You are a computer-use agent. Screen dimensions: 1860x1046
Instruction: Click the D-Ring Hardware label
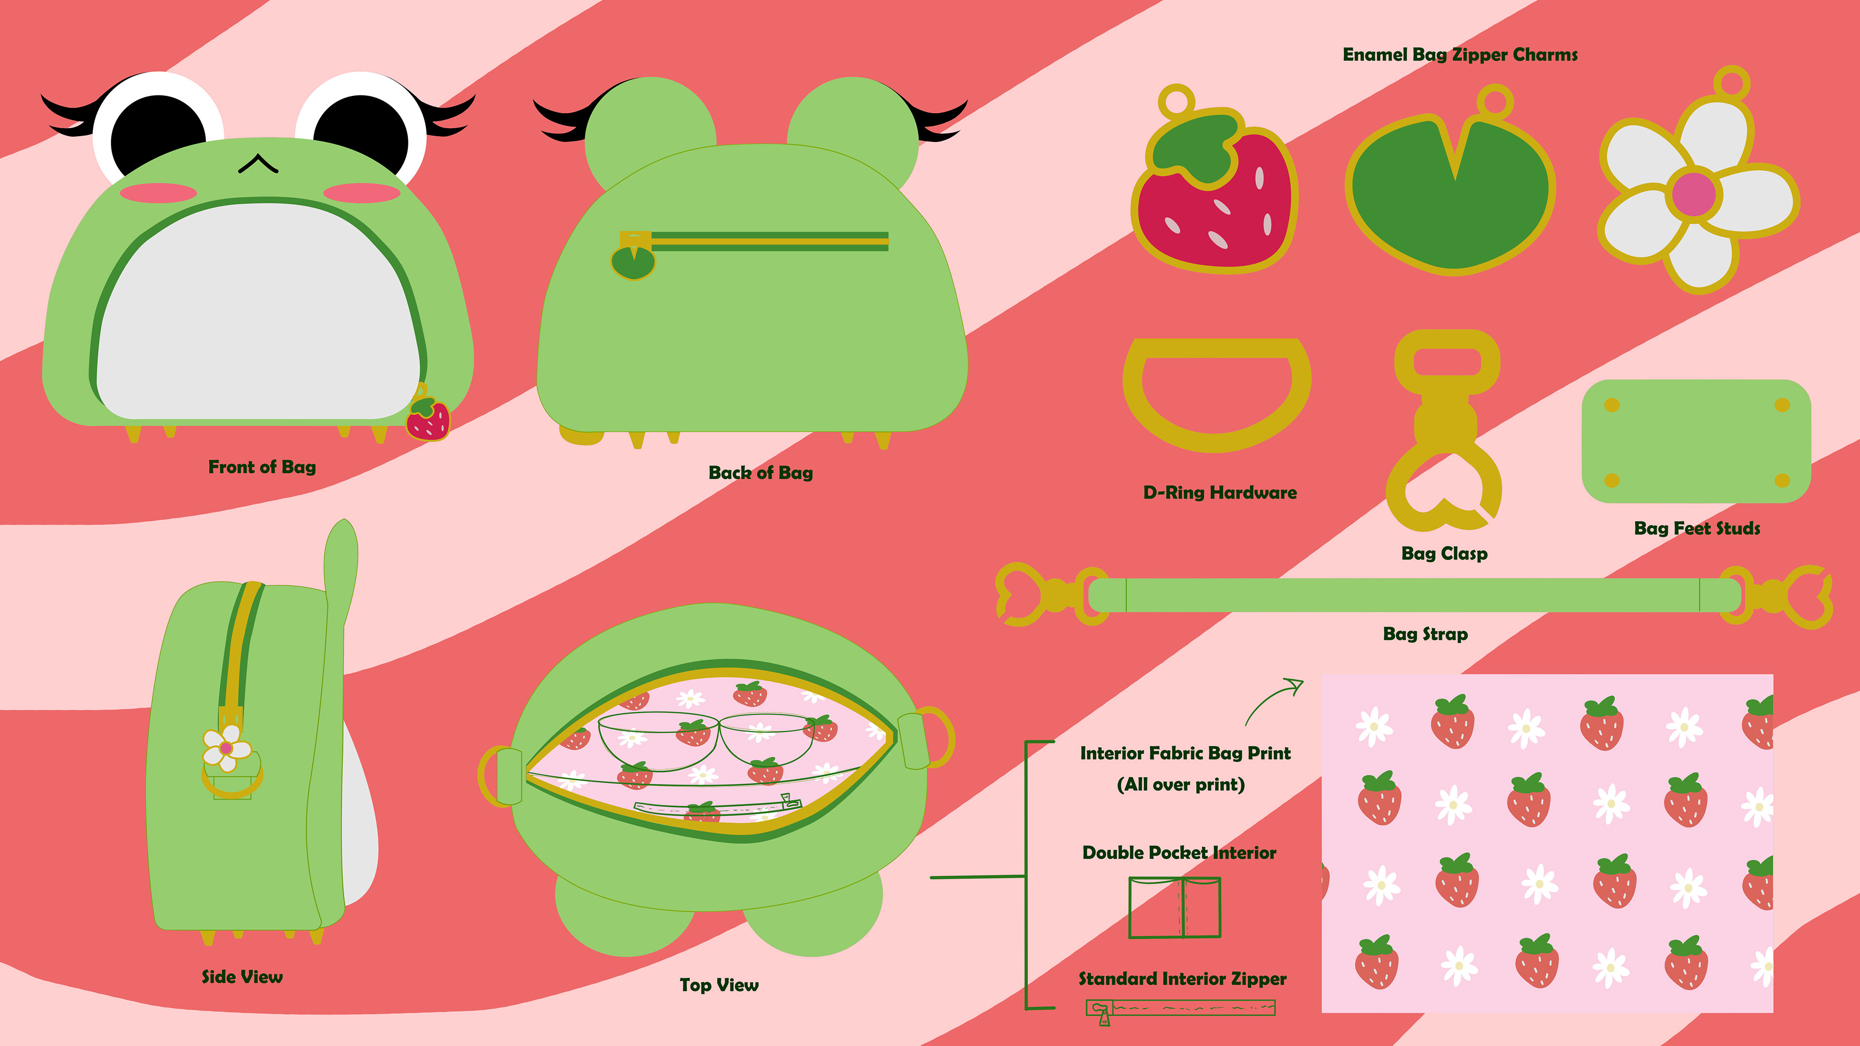[1220, 493]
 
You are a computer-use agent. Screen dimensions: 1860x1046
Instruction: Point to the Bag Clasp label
[1444, 554]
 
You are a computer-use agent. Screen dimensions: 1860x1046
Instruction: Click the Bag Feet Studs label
[1697, 528]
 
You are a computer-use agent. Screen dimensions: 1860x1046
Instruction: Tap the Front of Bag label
[262, 467]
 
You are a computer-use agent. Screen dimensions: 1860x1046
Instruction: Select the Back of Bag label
[760, 473]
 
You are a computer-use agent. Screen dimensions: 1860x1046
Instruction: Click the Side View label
[242, 977]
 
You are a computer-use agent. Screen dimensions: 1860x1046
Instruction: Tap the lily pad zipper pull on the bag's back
[633, 262]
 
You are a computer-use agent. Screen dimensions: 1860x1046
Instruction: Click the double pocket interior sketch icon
[1174, 908]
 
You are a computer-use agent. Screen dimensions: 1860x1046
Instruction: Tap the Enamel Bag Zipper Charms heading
[1459, 55]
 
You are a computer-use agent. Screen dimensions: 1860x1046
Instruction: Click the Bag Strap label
[1425, 634]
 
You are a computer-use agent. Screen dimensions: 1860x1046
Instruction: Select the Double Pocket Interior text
[1179, 853]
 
